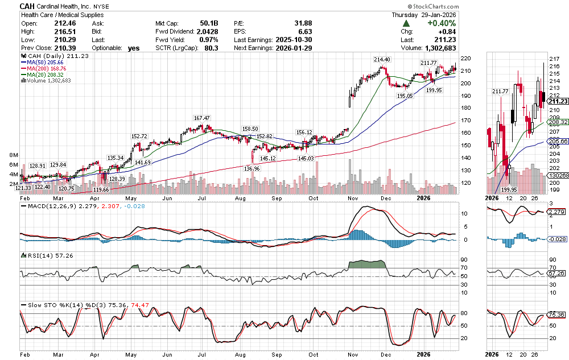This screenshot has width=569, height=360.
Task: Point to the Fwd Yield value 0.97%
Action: [x=208, y=40]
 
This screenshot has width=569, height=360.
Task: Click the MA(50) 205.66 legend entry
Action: [x=44, y=63]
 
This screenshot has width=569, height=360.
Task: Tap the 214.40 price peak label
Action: [x=382, y=60]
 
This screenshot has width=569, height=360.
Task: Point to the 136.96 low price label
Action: [x=251, y=168]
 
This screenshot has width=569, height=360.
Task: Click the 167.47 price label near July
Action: [x=202, y=118]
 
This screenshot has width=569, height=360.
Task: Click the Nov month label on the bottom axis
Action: [x=352, y=198]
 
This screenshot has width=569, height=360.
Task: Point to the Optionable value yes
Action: [x=134, y=49]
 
